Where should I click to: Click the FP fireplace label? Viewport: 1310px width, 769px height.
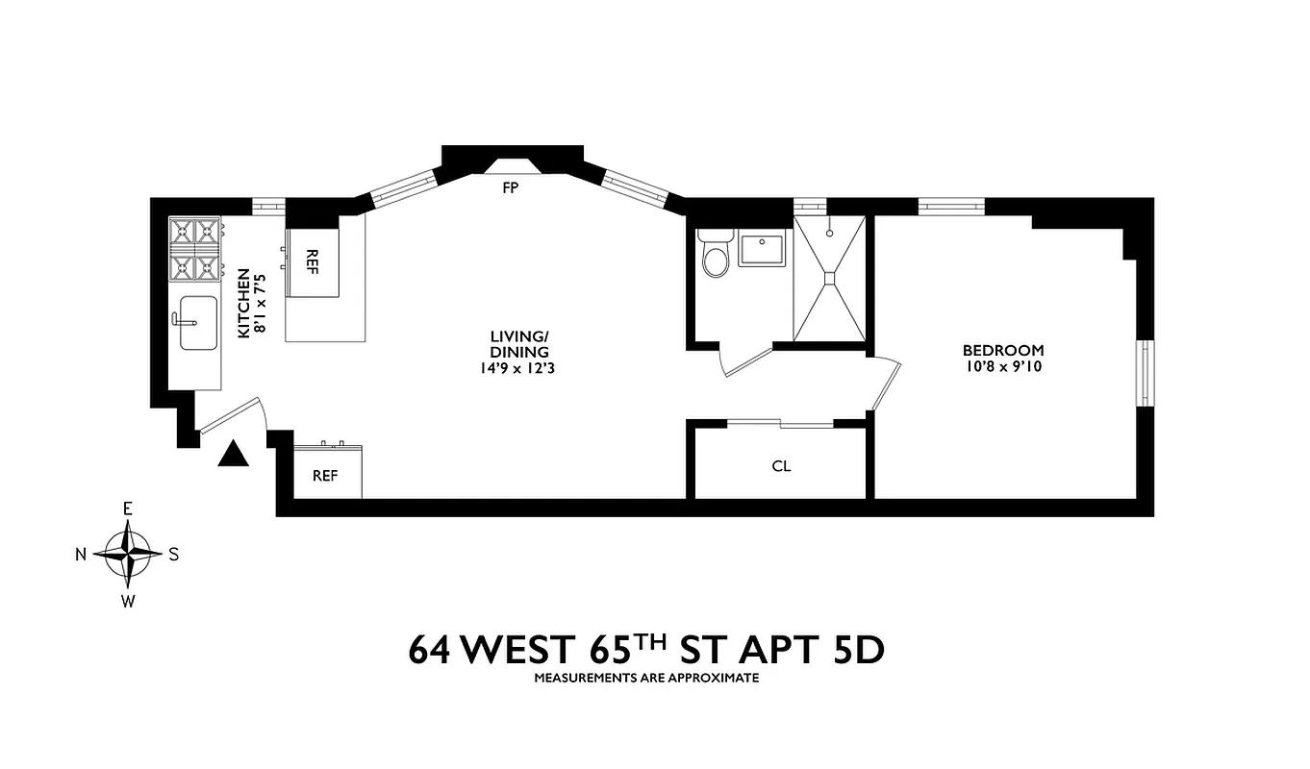coord(510,188)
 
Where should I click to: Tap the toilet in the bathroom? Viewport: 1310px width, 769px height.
coord(716,256)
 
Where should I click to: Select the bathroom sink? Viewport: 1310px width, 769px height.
coord(764,249)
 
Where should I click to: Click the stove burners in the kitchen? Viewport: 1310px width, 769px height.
coord(195,249)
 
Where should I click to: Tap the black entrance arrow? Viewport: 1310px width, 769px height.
coord(233,454)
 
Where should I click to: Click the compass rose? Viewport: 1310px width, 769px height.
coord(128,554)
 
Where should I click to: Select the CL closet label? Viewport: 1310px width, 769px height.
coord(781,466)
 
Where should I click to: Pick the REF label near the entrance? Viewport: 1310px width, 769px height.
coord(325,476)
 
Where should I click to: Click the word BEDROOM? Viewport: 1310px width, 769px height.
coord(1003,351)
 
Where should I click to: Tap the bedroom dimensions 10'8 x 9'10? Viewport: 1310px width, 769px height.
coord(1003,366)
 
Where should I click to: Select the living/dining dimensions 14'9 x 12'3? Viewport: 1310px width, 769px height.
coord(518,366)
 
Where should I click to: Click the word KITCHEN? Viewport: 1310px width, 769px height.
coord(244,303)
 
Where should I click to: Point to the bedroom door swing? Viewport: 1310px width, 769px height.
coord(885,384)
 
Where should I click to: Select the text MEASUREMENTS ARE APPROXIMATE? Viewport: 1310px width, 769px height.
coord(646,678)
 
